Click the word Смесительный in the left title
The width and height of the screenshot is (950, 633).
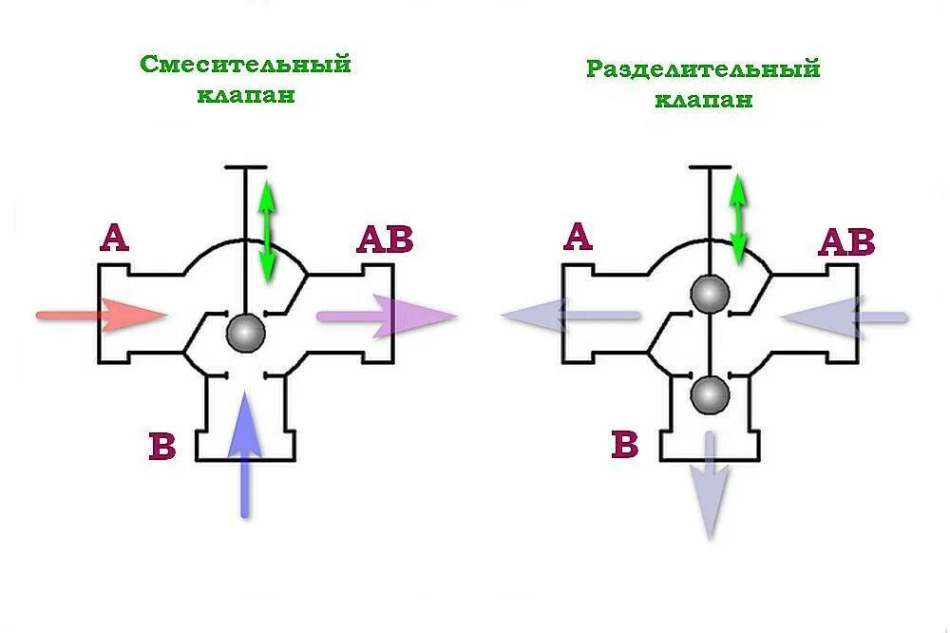[246, 65]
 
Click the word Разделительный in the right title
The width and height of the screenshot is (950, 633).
[702, 69]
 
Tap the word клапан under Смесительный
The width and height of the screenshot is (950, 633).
[246, 95]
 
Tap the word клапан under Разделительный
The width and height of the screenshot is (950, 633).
[703, 99]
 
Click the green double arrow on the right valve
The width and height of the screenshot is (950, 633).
[737, 218]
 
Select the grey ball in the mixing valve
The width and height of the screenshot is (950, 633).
[246, 333]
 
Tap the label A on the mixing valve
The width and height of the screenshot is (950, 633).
[114, 238]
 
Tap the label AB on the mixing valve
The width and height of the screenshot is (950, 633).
[385, 240]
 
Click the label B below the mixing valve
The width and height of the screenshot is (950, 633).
[162, 446]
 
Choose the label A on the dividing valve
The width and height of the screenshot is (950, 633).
[578, 237]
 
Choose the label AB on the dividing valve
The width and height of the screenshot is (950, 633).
[845, 243]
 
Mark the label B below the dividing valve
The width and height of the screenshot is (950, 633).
[624, 445]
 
